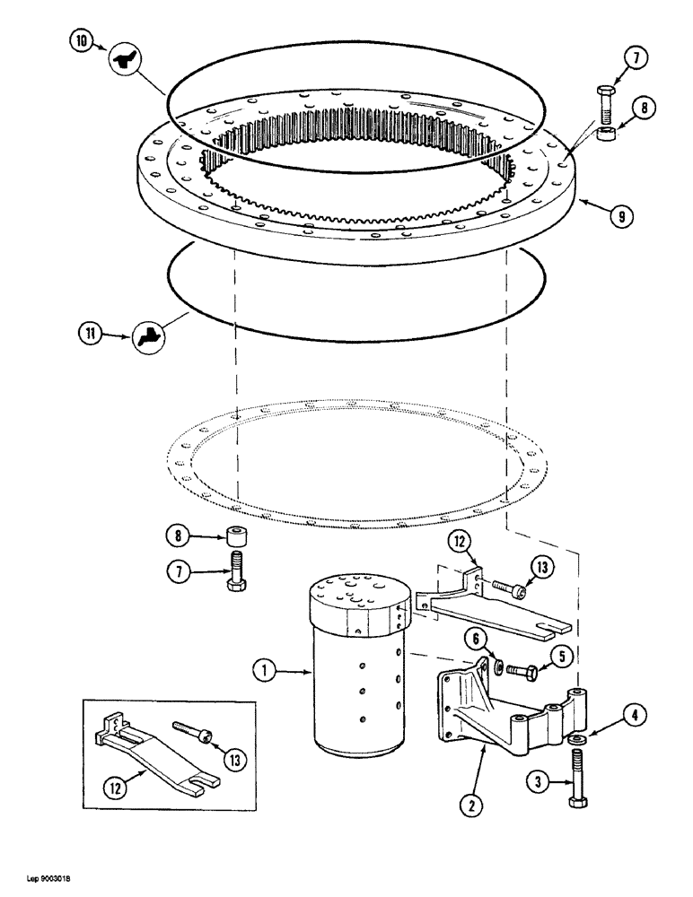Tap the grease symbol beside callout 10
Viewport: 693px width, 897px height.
122,61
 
